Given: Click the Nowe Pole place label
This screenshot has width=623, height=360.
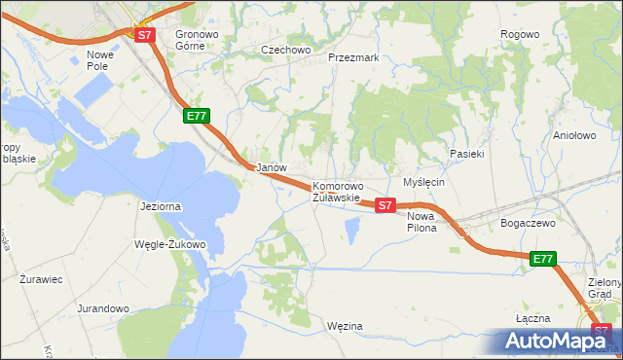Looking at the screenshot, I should [x=101, y=60].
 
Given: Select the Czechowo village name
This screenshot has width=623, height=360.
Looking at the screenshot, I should [x=284, y=49].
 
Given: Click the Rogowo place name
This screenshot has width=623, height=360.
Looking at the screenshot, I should [x=519, y=34].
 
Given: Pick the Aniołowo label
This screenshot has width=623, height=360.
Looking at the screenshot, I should [x=573, y=136].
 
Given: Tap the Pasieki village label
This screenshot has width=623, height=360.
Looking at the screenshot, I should [x=466, y=154].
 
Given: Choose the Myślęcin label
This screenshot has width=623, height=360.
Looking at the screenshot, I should [x=423, y=182].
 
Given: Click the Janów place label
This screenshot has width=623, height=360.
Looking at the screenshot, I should [x=271, y=167].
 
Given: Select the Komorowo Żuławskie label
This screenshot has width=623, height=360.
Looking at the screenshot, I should [x=337, y=192].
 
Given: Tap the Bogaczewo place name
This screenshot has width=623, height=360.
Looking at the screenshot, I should [x=528, y=223].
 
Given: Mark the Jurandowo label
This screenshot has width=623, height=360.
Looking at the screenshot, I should [x=102, y=308].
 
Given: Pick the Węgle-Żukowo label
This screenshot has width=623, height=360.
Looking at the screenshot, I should [x=169, y=244].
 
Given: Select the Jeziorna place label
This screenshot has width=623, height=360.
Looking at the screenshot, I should [x=161, y=206].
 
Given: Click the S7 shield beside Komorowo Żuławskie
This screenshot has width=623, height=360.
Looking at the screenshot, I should [x=385, y=205].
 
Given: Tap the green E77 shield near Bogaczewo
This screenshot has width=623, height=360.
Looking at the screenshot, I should [x=543, y=259].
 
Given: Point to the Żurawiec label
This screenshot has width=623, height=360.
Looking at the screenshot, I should [x=41, y=279].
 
